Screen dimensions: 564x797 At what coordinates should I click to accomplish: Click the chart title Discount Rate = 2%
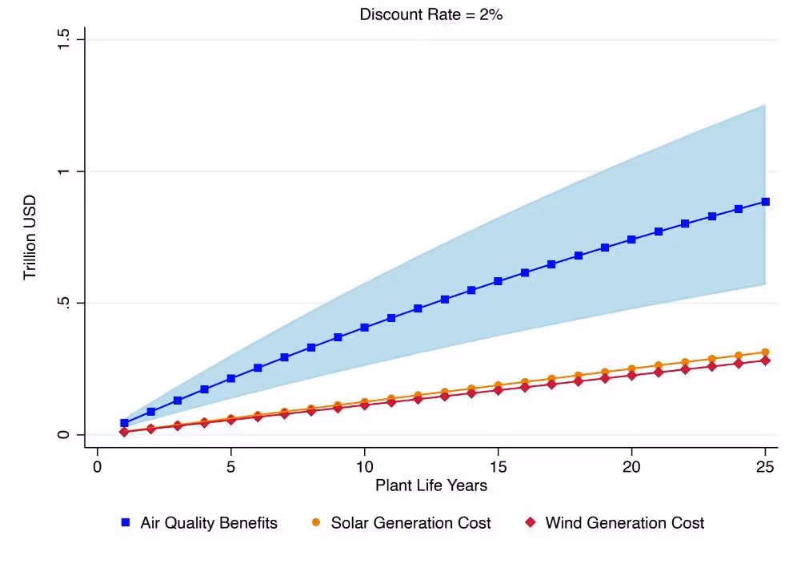coord(431,14)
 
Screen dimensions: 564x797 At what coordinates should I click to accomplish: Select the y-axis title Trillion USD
coord(30,238)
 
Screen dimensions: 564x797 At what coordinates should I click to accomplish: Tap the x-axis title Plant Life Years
coord(431,485)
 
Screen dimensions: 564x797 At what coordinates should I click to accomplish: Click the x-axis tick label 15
coord(498,465)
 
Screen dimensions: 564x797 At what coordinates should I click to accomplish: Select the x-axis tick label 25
coord(765,465)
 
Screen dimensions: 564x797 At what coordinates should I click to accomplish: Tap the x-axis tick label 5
coord(230,465)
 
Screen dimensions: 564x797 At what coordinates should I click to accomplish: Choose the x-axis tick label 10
coord(364,465)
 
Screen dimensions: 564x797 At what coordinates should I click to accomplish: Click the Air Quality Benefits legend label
coord(209,523)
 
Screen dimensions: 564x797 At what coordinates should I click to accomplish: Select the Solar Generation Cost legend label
coord(411,523)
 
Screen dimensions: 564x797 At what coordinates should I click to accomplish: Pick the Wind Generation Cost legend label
coord(625,523)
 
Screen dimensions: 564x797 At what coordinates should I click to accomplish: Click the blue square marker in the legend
coord(126,523)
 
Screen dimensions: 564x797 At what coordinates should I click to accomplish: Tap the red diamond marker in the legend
coord(530,523)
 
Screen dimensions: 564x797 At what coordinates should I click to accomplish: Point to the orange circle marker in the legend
coord(316,523)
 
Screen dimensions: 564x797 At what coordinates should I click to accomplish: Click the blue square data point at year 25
coord(765,202)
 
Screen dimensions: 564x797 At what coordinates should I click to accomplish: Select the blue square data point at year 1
coord(124,423)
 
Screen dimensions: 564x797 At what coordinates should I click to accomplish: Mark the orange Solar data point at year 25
coord(765,352)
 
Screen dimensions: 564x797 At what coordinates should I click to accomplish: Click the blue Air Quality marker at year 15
coord(498,281)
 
